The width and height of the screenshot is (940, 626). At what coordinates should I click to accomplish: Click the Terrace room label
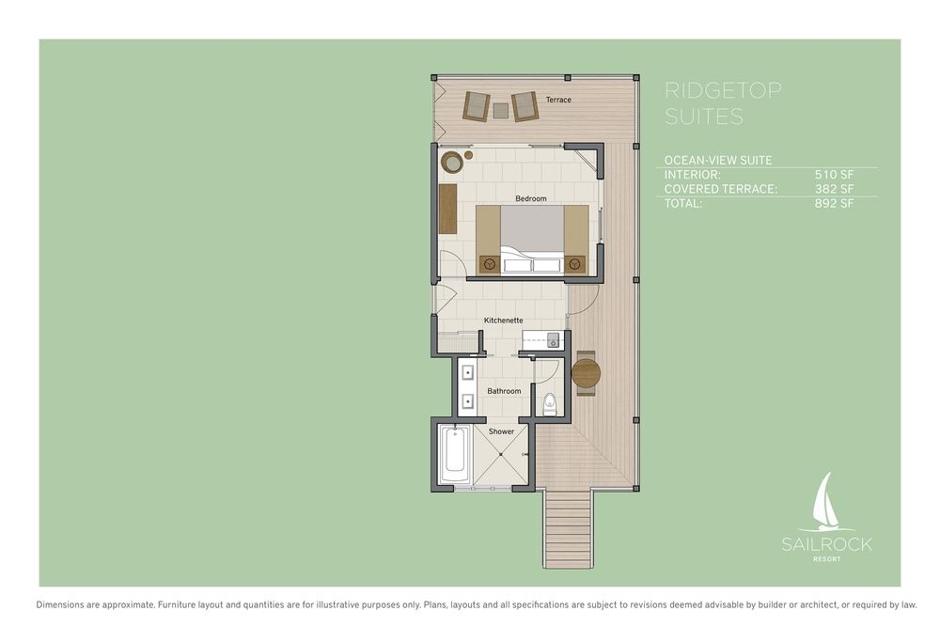(x=558, y=100)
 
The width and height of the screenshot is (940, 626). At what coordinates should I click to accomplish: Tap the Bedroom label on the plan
(x=530, y=198)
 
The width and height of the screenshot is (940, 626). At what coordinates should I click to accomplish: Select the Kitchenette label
(x=504, y=321)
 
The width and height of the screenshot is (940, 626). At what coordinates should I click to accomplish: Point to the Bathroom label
(x=504, y=391)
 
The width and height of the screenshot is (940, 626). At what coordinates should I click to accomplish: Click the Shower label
(x=501, y=431)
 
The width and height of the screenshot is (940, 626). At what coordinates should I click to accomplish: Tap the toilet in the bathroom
(x=549, y=405)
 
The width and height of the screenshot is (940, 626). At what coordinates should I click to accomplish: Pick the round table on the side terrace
(x=586, y=374)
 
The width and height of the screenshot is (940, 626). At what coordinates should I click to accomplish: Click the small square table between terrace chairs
(x=501, y=110)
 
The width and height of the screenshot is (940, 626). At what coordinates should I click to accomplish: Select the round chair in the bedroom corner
(x=451, y=162)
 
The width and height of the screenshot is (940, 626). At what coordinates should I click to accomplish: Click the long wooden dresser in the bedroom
(x=447, y=209)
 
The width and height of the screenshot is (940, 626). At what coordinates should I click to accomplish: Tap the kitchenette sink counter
(x=540, y=340)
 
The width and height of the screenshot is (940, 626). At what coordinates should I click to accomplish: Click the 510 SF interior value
(x=834, y=175)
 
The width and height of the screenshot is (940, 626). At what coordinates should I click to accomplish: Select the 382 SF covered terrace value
(x=834, y=189)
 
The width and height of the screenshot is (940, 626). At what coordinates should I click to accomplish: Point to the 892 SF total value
(x=834, y=203)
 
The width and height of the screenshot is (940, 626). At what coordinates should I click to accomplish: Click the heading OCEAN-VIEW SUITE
(x=718, y=160)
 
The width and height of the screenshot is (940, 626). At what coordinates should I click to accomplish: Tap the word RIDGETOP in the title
(x=723, y=90)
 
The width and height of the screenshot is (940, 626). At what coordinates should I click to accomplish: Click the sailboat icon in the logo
(x=827, y=503)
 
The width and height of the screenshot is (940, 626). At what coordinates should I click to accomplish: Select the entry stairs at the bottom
(x=569, y=528)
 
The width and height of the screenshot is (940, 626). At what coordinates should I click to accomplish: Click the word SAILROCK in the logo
(x=826, y=544)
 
